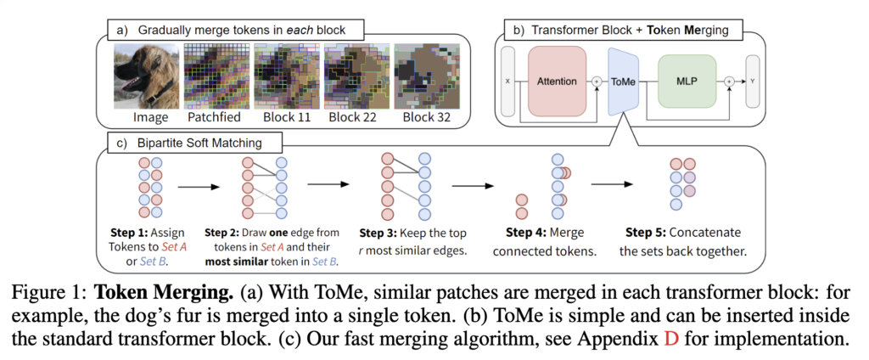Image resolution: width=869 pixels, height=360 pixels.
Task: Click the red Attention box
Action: click(557, 81)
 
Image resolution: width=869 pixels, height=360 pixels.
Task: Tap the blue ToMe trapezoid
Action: click(624, 82)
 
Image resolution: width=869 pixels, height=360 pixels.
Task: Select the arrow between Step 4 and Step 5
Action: click(611, 183)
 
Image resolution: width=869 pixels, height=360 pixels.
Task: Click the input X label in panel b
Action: click(508, 82)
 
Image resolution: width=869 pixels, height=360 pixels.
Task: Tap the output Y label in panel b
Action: click(753, 82)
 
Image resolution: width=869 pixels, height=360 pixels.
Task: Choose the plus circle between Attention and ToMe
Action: click(597, 82)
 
